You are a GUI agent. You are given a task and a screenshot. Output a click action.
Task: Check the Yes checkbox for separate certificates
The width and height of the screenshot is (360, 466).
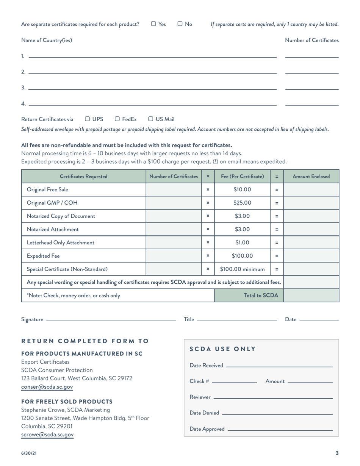pyautogui.click(x=153, y=24)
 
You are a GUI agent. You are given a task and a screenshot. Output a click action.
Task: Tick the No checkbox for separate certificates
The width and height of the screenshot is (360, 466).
pyautogui.click(x=180, y=24)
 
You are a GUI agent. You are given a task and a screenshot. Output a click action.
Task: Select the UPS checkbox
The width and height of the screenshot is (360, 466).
pyautogui.click(x=88, y=119)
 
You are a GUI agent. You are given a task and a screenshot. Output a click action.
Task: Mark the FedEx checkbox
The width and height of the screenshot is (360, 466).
pyautogui.click(x=117, y=119)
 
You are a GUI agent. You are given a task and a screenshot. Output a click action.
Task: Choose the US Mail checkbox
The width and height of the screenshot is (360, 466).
pyautogui.click(x=150, y=119)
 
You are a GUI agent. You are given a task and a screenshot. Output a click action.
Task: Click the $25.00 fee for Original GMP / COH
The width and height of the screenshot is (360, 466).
pyautogui.click(x=242, y=203)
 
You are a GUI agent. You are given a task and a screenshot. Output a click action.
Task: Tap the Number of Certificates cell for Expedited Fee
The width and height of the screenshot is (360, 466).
pyautogui.click(x=174, y=256)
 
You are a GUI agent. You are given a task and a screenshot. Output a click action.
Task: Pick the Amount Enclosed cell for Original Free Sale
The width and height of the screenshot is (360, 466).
pyautogui.click(x=311, y=189)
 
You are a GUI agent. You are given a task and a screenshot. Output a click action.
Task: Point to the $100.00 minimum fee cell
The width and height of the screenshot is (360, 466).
pyautogui.click(x=242, y=269)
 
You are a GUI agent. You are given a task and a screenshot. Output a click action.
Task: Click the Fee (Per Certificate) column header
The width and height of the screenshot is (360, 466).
pyautogui.click(x=242, y=177)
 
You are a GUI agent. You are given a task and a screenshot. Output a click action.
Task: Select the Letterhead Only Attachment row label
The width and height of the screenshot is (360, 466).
pyautogui.click(x=61, y=242)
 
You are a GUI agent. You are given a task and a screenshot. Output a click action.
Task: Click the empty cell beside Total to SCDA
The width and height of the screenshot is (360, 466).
pyautogui.click(x=311, y=296)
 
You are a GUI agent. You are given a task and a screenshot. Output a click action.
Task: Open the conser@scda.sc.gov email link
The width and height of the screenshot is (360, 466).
pyautogui.click(x=47, y=387)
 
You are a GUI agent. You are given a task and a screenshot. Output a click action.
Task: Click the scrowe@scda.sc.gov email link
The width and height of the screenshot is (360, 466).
pyautogui.click(x=47, y=435)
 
